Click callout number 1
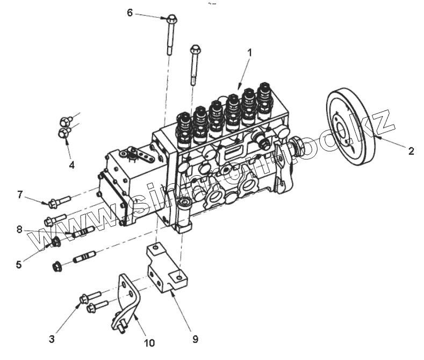[249, 52]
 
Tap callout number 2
[411, 151]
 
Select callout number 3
[52, 339]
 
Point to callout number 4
[71, 165]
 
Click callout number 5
[19, 264]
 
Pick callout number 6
[130, 12]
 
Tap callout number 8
[19, 230]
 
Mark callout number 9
[196, 339]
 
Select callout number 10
[148, 342]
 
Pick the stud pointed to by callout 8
[83, 232]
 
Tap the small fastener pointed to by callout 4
[64, 132]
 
